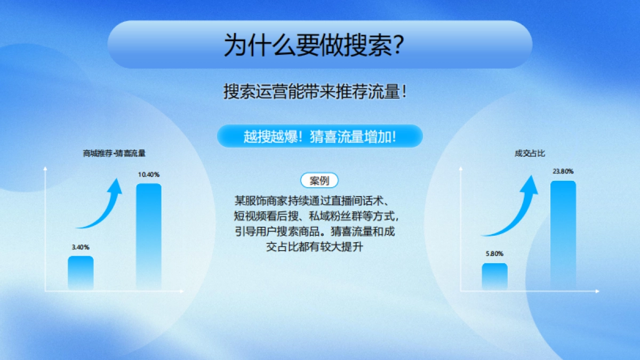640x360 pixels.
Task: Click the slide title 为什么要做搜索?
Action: (x=313, y=45)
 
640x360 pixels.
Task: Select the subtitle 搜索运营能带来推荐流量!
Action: (x=316, y=91)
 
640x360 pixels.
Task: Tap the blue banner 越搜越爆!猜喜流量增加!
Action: (x=319, y=137)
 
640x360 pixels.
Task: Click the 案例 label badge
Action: (x=319, y=181)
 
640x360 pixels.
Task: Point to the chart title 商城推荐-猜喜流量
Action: (x=114, y=153)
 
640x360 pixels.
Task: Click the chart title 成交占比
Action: (x=530, y=153)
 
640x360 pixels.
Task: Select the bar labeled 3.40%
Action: (x=81, y=273)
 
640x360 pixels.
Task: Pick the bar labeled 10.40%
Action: (x=149, y=237)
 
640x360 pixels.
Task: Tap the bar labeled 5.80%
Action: (x=494, y=277)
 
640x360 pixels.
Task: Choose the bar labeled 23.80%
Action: (x=563, y=235)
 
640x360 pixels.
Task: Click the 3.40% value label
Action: (x=81, y=247)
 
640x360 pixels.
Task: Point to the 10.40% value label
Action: (x=149, y=174)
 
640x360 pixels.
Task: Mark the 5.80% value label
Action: (x=494, y=254)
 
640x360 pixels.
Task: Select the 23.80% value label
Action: (x=563, y=171)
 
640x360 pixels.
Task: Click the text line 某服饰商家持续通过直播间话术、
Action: (x=315, y=201)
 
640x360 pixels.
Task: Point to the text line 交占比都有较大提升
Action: (x=315, y=247)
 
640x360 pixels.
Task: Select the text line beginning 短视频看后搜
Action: (x=316, y=217)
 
